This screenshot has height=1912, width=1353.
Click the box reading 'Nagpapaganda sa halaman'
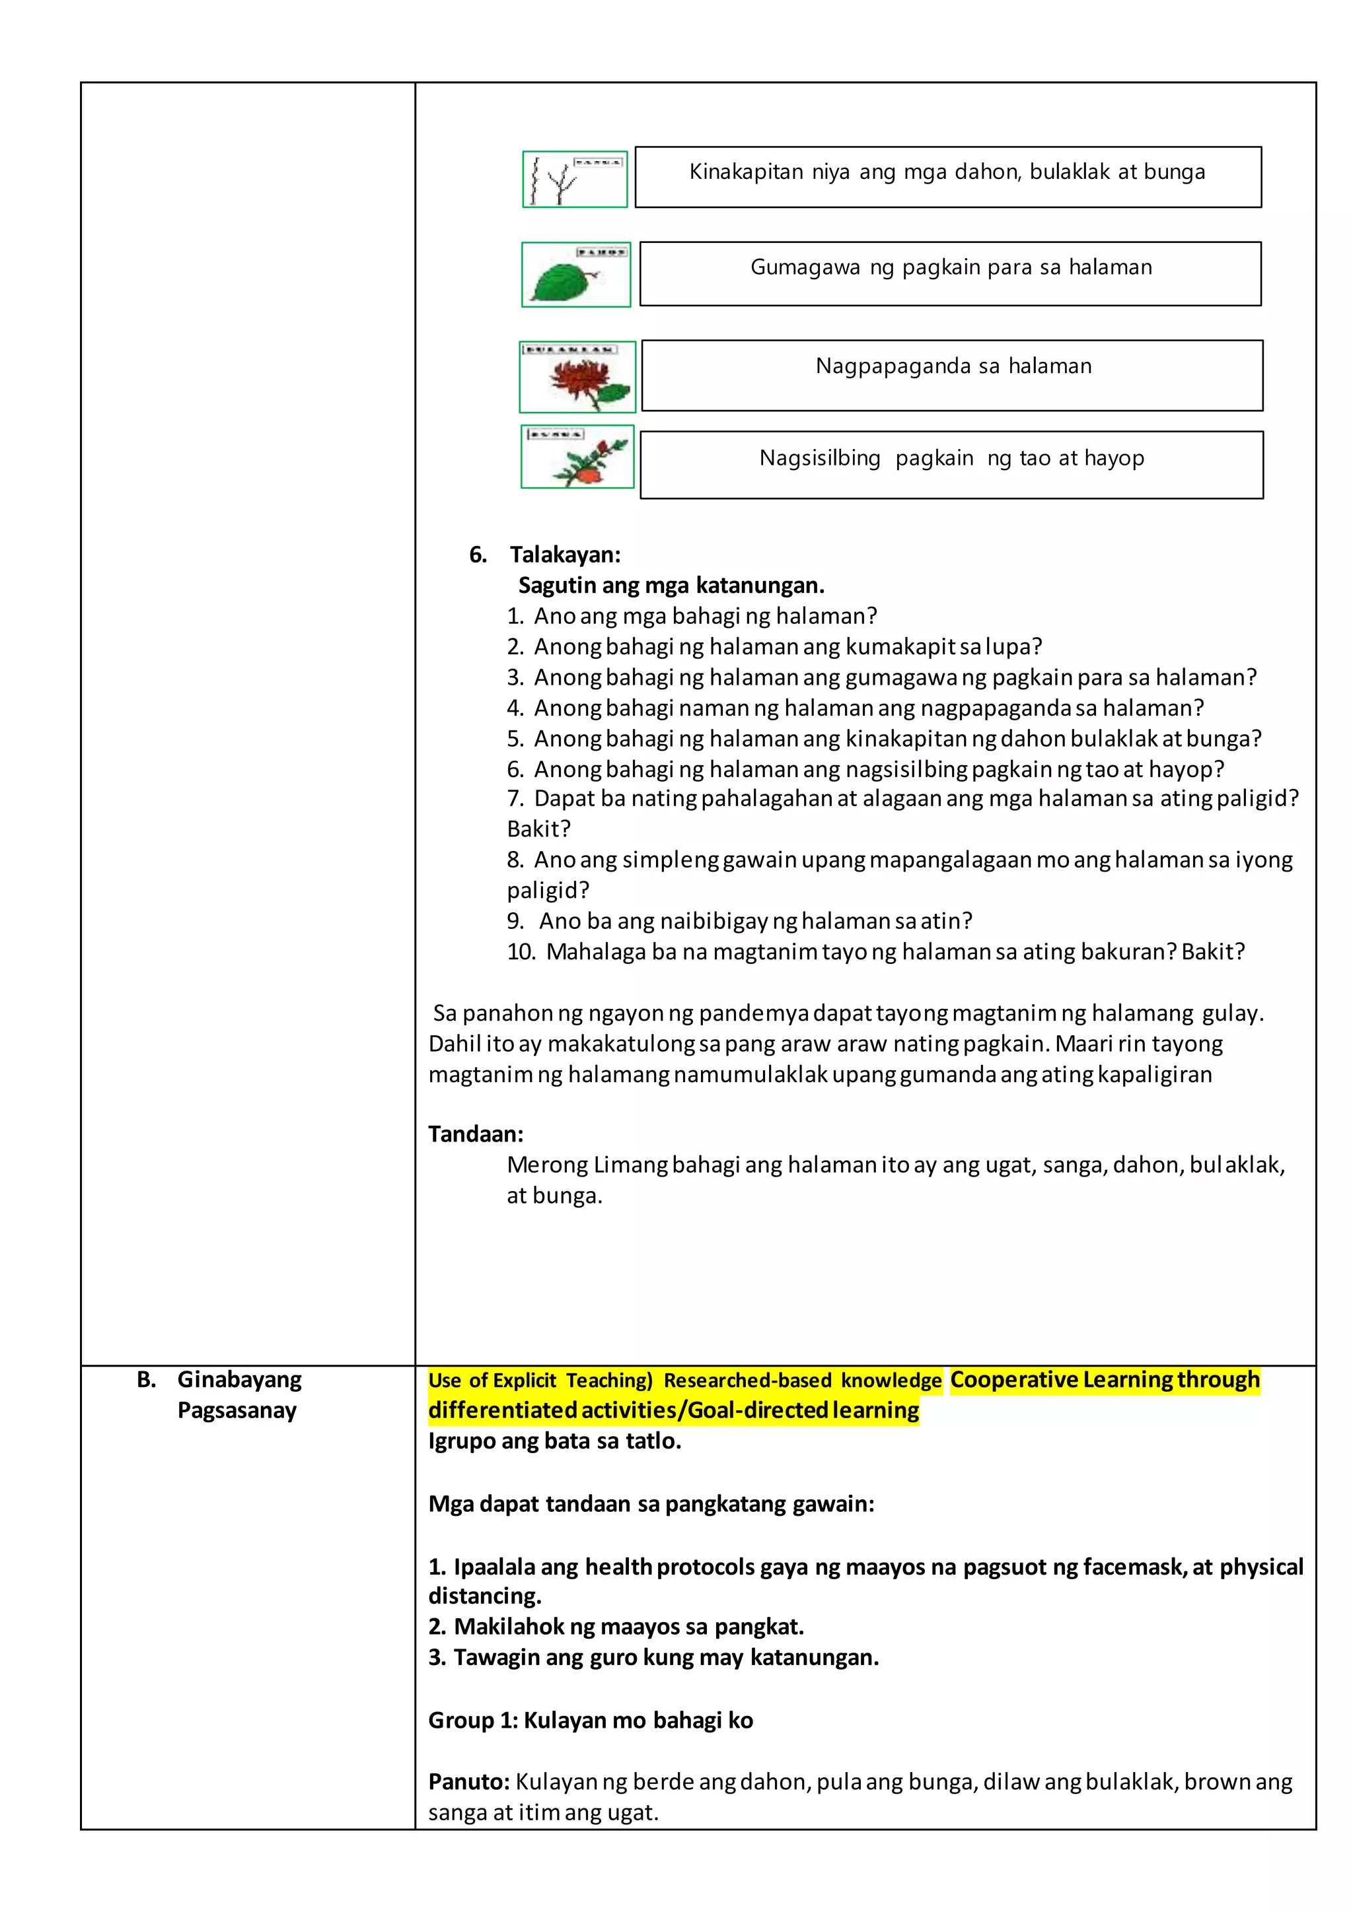(952, 375)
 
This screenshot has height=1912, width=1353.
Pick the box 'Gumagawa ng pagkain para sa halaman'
(951, 274)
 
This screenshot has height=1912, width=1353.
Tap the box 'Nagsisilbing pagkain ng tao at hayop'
(951, 465)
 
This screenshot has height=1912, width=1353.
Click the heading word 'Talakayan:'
(565, 555)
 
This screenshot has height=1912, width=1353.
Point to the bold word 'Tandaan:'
(476, 1134)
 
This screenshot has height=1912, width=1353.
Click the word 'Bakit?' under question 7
(538, 829)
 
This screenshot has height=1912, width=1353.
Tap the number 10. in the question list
(521, 952)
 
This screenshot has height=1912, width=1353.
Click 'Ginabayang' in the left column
(239, 1380)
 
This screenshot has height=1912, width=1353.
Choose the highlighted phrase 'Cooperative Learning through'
(1104, 1380)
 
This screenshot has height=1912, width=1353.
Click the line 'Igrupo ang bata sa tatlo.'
(554, 1441)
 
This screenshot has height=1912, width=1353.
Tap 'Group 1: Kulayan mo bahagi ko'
(590, 1721)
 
